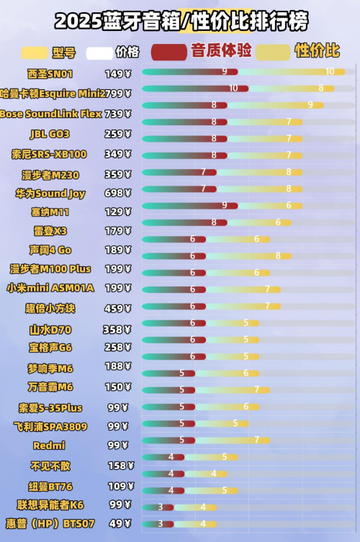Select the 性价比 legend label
[x=317, y=51]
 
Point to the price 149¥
[x=117, y=73]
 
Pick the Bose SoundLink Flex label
[x=51, y=114]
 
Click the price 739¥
[x=117, y=114]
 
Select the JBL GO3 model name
[x=50, y=134]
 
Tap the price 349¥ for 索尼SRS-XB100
[x=117, y=154]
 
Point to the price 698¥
[x=117, y=194]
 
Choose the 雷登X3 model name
[x=50, y=231]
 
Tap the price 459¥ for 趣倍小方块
[x=117, y=308]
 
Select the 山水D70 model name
[x=50, y=330]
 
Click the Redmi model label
[x=50, y=446]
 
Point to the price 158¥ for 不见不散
[x=117, y=465]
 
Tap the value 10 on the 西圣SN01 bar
[x=330, y=71]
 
